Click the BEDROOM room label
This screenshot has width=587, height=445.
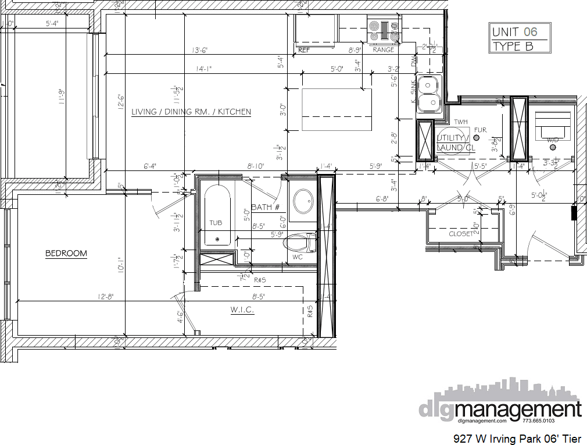pyautogui.click(x=66, y=253)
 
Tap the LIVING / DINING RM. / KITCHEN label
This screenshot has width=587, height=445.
pyautogui.click(x=191, y=112)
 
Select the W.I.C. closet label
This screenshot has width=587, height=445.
pyautogui.click(x=242, y=310)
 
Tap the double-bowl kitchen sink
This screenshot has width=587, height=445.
pyautogui.click(x=429, y=94)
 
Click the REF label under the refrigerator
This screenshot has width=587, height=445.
pyautogui.click(x=304, y=50)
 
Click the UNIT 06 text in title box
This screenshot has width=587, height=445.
pyautogui.click(x=514, y=32)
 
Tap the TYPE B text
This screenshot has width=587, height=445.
pyautogui.click(x=512, y=46)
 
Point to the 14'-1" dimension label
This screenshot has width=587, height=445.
pyautogui.click(x=203, y=69)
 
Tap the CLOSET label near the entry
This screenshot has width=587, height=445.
pyautogui.click(x=461, y=234)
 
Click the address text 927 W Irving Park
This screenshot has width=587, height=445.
pyautogui.click(x=497, y=438)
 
